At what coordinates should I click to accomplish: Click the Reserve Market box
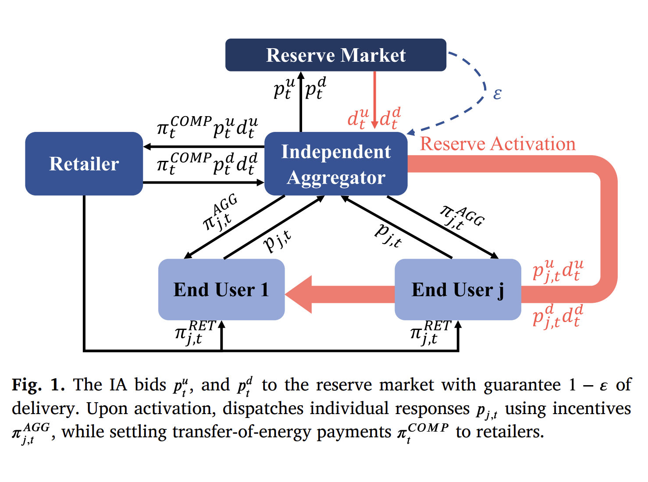click(x=335, y=55)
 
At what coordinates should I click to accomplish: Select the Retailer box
click(x=84, y=164)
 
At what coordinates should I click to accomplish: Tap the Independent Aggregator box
click(x=336, y=164)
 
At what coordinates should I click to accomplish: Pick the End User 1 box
click(x=221, y=290)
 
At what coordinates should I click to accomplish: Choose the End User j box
click(x=458, y=290)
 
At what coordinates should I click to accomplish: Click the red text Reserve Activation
click(x=498, y=144)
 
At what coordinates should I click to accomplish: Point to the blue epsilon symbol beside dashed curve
click(x=497, y=94)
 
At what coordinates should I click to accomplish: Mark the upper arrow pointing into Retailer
click(x=204, y=146)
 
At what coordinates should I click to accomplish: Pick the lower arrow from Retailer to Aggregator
click(x=204, y=182)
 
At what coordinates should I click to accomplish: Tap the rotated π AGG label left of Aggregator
click(x=221, y=213)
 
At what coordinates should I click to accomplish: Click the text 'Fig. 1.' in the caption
click(x=38, y=385)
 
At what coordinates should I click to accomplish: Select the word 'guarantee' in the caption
click(x=522, y=385)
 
